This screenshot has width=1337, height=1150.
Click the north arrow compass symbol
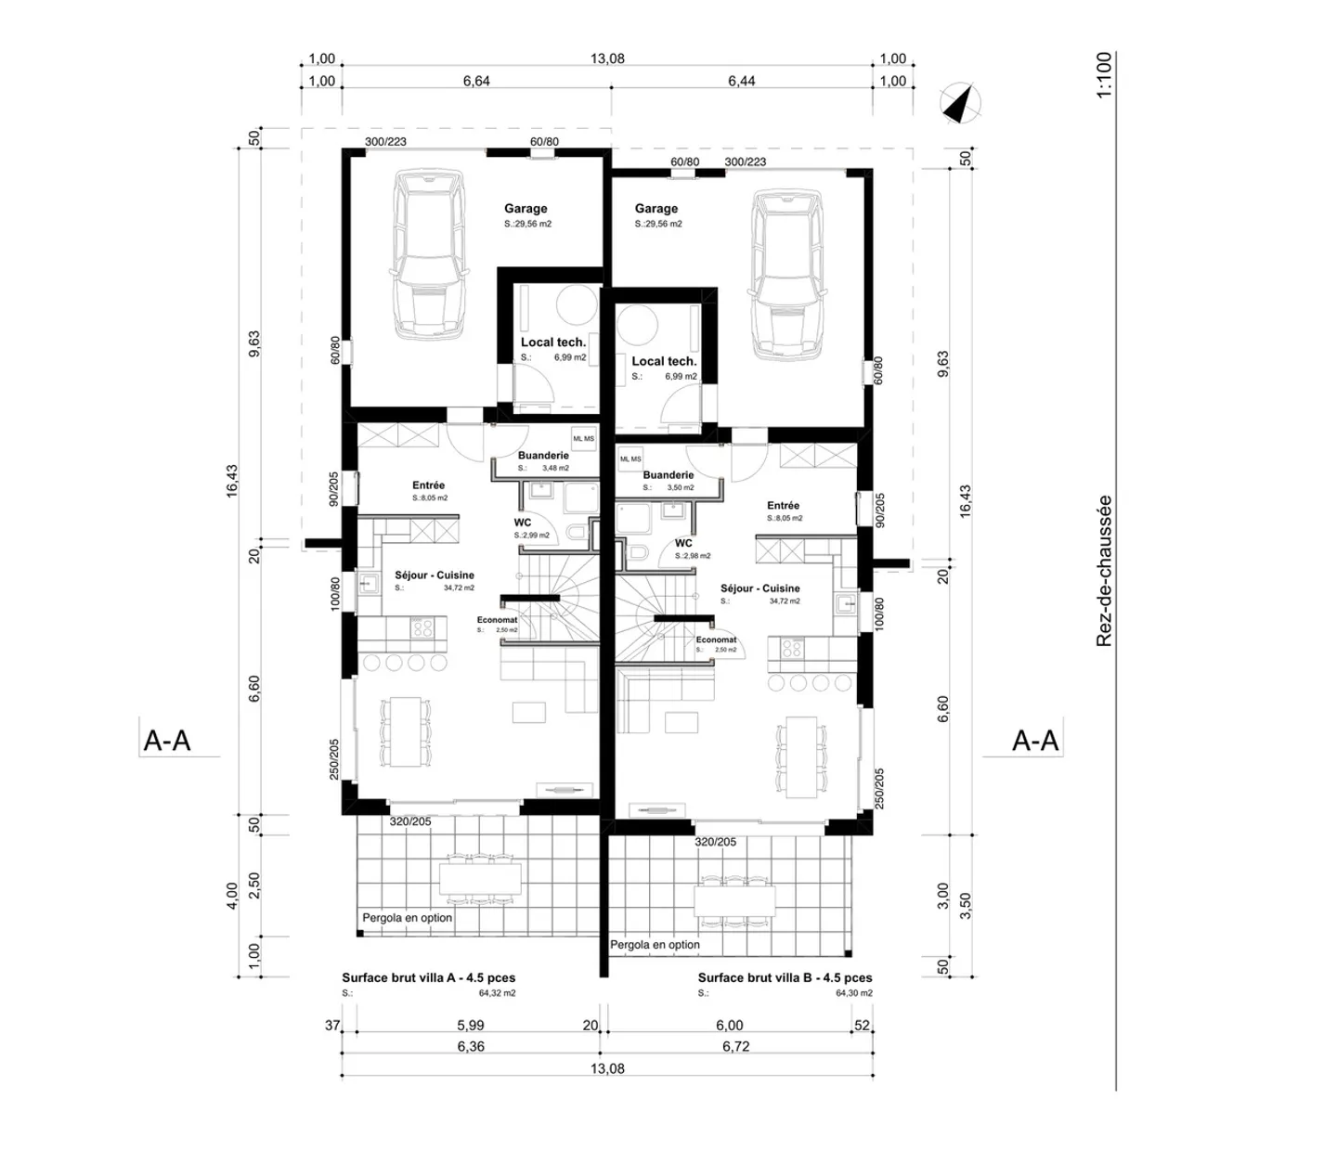[x=962, y=103]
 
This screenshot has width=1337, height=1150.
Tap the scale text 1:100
[x=1103, y=75]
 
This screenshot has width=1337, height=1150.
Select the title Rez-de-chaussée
[x=1103, y=571]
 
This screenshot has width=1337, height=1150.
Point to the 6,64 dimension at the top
[x=476, y=82]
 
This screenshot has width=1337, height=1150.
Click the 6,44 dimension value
[x=741, y=82]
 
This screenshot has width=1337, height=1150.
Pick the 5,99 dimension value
[x=471, y=1026]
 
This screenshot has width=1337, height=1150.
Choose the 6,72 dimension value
[x=735, y=1047]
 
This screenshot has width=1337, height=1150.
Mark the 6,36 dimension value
[x=471, y=1047]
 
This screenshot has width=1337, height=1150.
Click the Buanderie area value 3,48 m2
[x=556, y=469]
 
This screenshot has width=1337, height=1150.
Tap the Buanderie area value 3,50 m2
[x=681, y=488]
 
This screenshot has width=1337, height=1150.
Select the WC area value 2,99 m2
[x=536, y=536]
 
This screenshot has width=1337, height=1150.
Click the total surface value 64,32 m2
[x=497, y=993]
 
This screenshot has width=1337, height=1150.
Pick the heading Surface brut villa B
[x=785, y=977]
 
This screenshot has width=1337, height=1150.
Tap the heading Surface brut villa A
[x=428, y=977]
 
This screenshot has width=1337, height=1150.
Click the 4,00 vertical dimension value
[x=232, y=896]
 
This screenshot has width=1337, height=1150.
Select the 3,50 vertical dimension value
[x=965, y=906]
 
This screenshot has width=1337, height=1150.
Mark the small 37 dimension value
[x=332, y=1026]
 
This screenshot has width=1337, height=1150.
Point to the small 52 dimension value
[x=863, y=1026]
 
